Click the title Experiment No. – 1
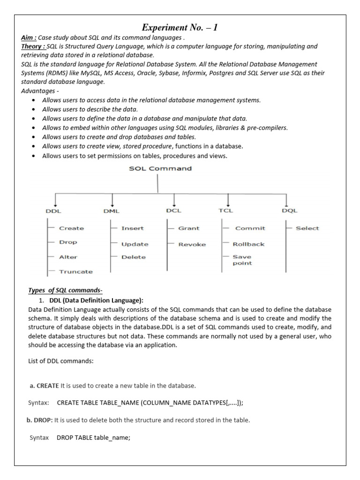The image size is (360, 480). coord(180,28)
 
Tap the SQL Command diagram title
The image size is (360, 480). coord(160,168)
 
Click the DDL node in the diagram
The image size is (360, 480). coord(53,211)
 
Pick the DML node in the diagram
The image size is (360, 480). coord(111,211)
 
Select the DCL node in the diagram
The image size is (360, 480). coord(173,210)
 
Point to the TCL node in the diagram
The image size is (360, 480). coord(225,210)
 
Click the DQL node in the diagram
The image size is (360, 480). coord(290,210)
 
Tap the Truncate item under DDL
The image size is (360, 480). coord(75,271)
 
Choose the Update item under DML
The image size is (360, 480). coord(135,244)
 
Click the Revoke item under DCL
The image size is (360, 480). coord(192,244)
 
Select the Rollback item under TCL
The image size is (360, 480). coord(248,244)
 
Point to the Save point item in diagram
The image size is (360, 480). coord(242,260)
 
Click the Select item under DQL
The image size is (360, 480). coord(307,228)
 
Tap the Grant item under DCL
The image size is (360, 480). coord(188,228)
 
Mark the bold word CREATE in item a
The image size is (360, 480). coord(47,386)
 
